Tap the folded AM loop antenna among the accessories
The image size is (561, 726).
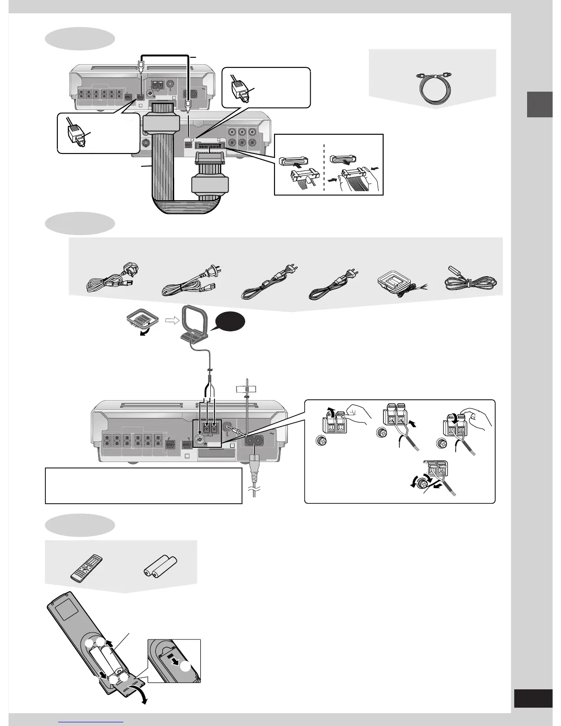coord(396,285)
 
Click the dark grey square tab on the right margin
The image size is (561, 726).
coord(539,104)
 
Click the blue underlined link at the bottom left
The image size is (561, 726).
coord(91,721)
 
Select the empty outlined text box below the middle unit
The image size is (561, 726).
coord(143,485)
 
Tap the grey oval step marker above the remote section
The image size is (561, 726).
coord(80,525)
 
